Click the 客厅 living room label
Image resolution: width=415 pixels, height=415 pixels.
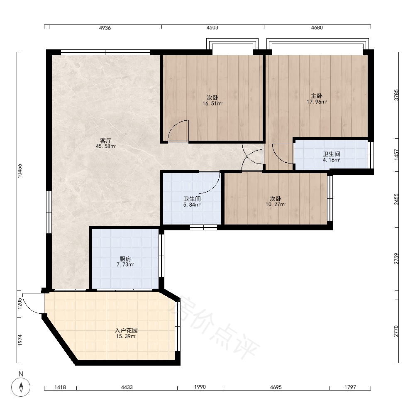105,141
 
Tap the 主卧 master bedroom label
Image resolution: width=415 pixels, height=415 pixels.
317,96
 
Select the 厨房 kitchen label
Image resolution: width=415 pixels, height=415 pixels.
125,259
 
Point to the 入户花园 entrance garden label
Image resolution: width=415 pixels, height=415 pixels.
126,330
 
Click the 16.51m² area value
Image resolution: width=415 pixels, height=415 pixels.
212,103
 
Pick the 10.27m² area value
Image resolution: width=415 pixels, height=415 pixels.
276,204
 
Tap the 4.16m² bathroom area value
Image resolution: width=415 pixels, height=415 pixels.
331,160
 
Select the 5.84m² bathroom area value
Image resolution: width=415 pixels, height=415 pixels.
192,205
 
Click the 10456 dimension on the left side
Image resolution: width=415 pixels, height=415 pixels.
20,171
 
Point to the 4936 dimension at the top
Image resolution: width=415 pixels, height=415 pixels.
105,28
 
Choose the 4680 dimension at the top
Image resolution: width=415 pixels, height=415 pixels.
317,27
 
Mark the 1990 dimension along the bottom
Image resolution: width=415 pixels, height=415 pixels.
200,387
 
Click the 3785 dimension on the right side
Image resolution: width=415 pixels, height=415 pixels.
396,95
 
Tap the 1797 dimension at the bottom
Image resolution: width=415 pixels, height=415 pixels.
350,387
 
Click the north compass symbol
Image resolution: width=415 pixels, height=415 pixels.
21,387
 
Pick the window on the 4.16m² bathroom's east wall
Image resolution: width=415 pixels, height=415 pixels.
371,155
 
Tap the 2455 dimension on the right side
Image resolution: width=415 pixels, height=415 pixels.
396,199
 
